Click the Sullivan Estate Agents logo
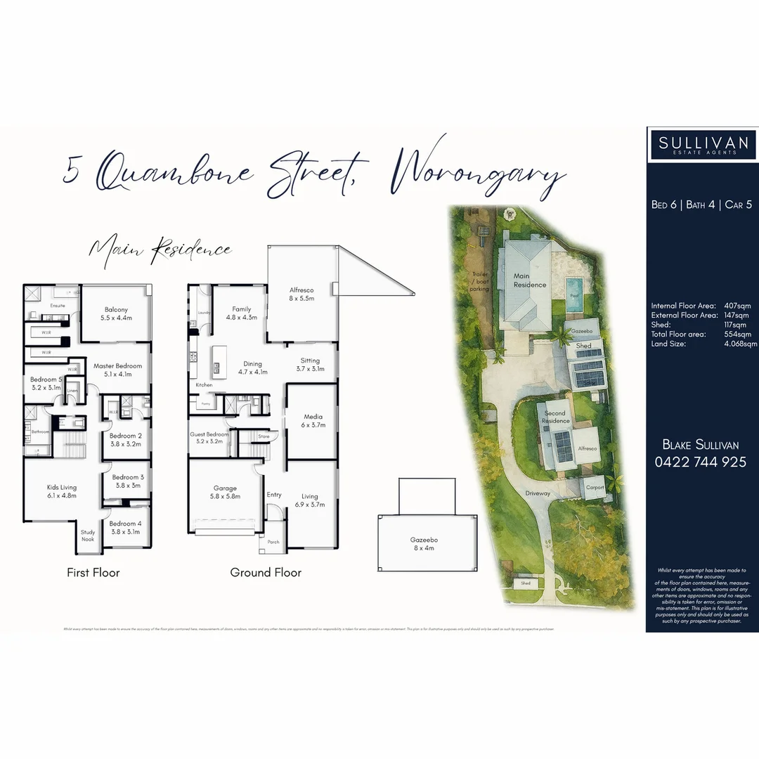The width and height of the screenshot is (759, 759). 703,145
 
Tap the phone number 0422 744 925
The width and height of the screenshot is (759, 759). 701,462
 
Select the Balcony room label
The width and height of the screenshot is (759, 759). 117,313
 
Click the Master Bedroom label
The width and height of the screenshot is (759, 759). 117,370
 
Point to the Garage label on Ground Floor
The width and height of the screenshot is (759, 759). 225,492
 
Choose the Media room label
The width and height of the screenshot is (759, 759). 312,420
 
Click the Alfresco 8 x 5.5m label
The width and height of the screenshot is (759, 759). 301,294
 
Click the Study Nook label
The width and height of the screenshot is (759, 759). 88,536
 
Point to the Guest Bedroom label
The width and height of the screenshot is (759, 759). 209,438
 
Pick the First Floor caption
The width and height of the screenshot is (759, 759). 93,573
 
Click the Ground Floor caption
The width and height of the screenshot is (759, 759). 266,573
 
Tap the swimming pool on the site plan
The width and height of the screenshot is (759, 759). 574,288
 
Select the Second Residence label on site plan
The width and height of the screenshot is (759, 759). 555,417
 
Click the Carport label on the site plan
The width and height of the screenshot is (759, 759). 595,486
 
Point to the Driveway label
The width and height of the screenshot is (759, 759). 537,493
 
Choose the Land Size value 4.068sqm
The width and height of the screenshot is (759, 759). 741,344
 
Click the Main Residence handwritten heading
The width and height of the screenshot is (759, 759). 160,249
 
